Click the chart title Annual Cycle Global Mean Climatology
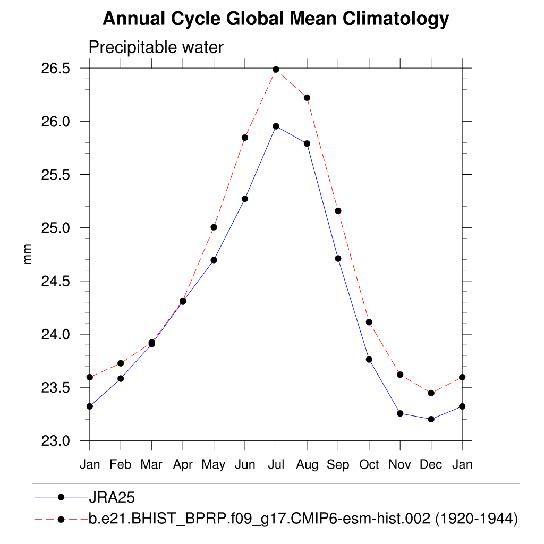tap(276, 19)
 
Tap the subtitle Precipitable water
tap(156, 47)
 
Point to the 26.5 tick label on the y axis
tap(56, 69)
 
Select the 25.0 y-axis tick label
tap(56, 228)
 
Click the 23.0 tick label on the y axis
tap(56, 441)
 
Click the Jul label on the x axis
tap(276, 464)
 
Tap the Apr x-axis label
tap(183, 464)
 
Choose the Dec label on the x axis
tap(431, 464)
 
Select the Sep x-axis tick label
tap(338, 464)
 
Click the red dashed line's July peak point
tap(276, 70)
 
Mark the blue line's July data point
tap(276, 126)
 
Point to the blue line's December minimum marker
tap(431, 419)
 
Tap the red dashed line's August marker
tap(307, 98)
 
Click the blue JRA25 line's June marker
tap(245, 199)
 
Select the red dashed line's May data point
tap(214, 227)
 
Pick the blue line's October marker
tap(369, 360)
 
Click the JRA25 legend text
tap(112, 497)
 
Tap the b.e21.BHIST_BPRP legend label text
tap(303, 519)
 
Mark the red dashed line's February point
tap(121, 363)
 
